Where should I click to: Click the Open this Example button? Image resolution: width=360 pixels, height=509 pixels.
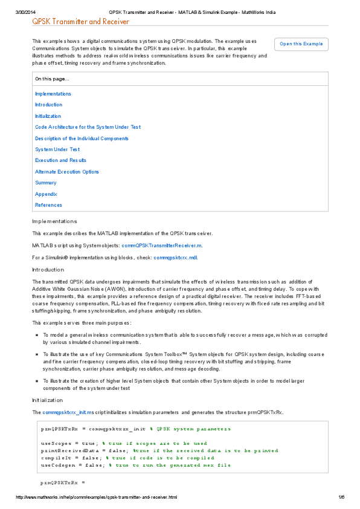tap(301, 44)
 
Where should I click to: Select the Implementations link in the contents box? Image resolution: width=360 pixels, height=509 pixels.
tap(53, 94)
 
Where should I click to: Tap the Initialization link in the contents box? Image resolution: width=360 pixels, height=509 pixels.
tap(48, 116)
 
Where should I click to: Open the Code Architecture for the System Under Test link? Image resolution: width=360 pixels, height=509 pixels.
tap(88, 127)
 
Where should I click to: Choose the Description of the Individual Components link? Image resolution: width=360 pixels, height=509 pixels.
tap(82, 138)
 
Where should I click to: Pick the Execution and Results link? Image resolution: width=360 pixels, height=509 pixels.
tap(60, 160)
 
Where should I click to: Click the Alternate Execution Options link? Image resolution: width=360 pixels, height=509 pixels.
tap(66, 172)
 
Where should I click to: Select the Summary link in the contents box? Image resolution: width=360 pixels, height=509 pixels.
tap(46, 183)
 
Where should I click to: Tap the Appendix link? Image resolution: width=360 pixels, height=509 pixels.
tap(46, 194)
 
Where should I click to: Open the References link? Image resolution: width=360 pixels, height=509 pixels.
tap(48, 205)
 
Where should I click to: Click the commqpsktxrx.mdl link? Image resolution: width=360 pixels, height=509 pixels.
tap(175, 258)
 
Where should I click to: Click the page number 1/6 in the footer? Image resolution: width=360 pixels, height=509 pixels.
tap(341, 498)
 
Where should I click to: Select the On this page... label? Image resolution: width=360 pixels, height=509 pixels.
tap(52, 79)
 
